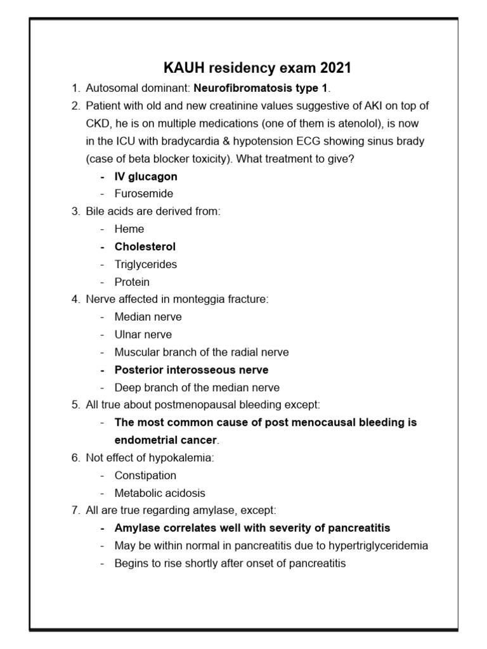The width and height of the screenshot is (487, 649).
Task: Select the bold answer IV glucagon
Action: [146, 176]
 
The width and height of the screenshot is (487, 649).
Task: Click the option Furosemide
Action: [143, 193]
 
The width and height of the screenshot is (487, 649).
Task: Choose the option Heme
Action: [129, 229]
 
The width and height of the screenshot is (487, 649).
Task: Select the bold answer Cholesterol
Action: [145, 247]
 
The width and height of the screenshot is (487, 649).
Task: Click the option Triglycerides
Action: [146, 264]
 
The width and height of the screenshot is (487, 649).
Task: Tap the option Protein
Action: [132, 282]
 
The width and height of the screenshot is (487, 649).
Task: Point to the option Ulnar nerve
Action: [143, 334]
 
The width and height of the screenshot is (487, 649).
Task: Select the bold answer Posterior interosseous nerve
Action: [192, 369]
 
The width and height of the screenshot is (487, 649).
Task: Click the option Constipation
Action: [145, 475]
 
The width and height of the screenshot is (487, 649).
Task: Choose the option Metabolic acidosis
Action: [160, 492]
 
